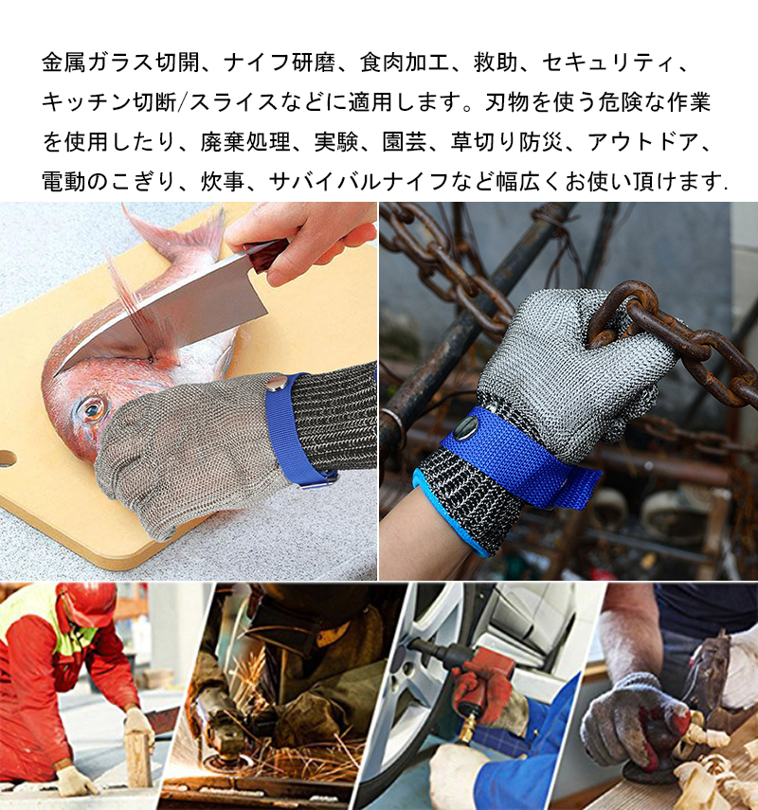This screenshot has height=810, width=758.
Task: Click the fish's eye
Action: [94, 408]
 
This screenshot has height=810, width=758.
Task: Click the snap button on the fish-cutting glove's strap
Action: [278, 384]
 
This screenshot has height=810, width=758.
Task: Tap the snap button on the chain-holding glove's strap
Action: [466, 427]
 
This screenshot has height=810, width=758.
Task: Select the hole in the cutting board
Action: [7, 459]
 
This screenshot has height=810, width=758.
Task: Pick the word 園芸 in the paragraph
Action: [405, 142]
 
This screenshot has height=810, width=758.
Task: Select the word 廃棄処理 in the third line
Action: [246, 142]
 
